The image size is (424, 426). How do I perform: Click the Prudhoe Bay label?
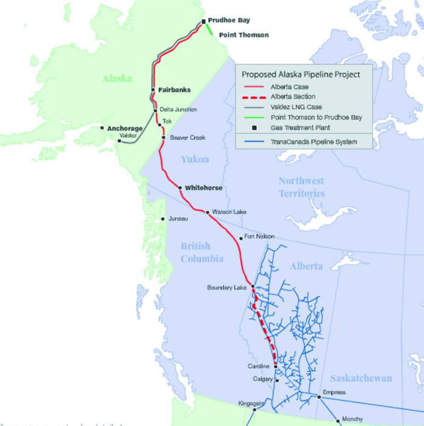pos(229,20)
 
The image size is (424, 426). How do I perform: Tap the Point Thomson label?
pos(244,35)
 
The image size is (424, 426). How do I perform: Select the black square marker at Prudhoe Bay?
pos(204,22)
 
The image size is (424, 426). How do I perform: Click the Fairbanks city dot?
pos(153,90)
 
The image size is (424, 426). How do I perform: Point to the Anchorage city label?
pos(125,129)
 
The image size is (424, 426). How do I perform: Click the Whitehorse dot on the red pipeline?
pos(181,188)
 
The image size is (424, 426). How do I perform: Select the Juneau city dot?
pos(163,220)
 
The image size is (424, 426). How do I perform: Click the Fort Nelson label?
pos(259,236)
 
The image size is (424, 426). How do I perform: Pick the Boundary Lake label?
pos(227,287)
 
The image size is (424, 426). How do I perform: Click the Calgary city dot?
pos(277,380)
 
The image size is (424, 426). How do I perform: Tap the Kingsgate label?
pos(251,402)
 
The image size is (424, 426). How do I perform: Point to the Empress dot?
pos(319,397)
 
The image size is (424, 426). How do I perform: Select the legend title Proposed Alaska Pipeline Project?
pos(301,74)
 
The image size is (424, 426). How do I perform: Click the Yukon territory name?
pos(194,160)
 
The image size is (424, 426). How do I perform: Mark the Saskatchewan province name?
pos(360,378)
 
